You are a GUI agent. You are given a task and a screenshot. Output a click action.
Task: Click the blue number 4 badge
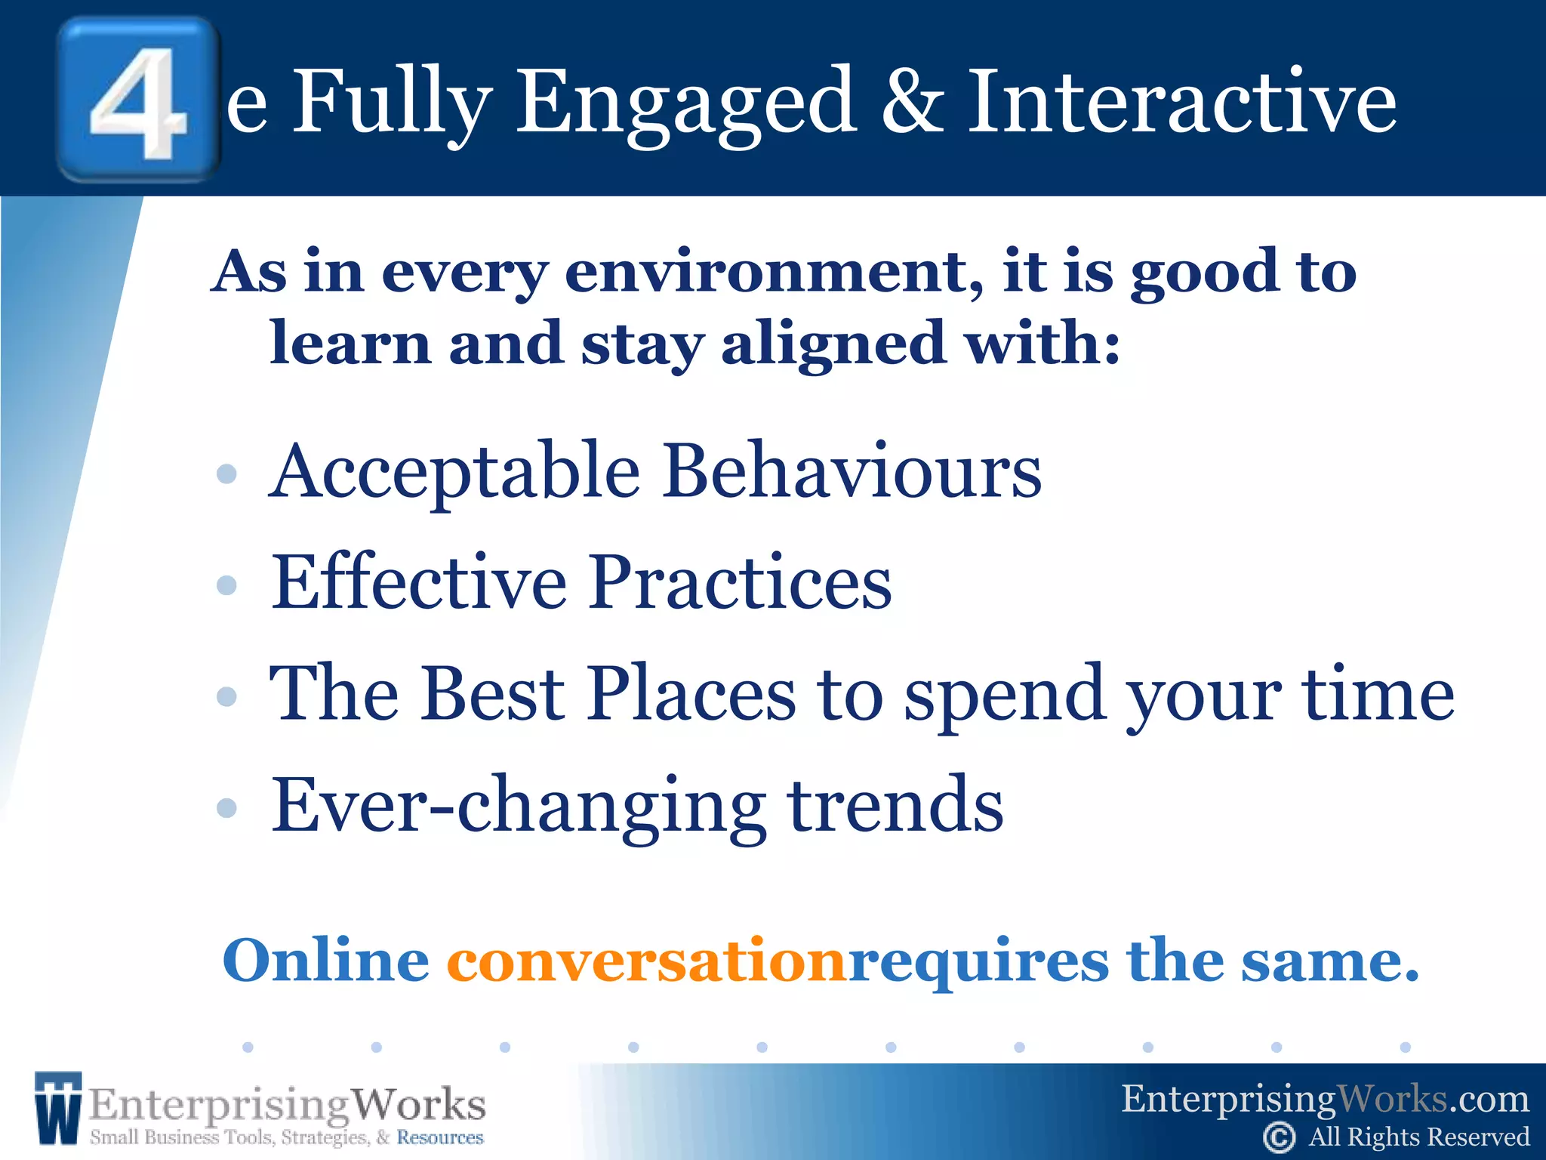(x=138, y=99)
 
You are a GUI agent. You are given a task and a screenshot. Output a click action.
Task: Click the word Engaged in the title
(x=685, y=102)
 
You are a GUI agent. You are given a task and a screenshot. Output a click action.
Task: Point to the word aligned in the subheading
(x=833, y=344)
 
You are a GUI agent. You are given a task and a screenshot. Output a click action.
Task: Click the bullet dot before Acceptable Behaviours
(x=226, y=474)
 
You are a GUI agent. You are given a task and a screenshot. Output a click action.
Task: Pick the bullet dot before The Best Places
(x=226, y=696)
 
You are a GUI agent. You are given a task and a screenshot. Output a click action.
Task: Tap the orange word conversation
(x=646, y=961)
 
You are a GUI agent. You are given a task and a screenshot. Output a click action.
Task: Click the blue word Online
(x=326, y=961)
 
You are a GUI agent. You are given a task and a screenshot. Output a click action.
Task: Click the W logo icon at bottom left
(x=57, y=1107)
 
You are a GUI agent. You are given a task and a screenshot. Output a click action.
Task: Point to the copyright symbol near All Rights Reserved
(x=1279, y=1137)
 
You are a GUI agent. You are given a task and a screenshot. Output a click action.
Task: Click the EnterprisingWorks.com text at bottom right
(x=1325, y=1099)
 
